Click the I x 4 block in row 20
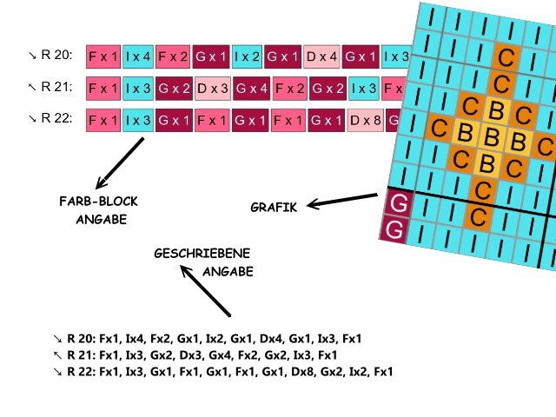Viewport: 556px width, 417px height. click(138, 57)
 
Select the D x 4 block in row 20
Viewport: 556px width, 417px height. click(321, 57)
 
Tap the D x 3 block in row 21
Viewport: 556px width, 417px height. click(211, 88)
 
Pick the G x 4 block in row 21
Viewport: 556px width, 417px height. click(250, 88)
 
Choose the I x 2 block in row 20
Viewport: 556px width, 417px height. click(248, 57)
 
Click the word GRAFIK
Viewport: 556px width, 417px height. click(274, 208)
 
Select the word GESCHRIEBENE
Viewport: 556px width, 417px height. click(202, 254)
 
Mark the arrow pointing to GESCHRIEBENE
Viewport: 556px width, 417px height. click(205, 291)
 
